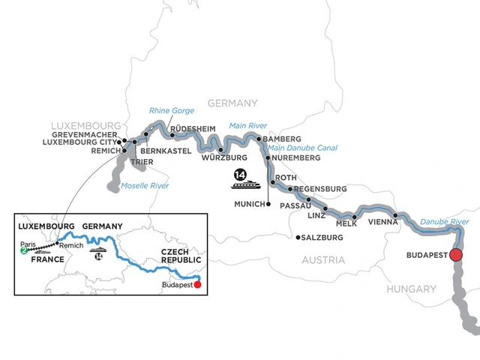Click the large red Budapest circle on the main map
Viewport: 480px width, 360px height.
(x=457, y=256)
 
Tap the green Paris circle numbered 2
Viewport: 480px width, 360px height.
(x=24, y=251)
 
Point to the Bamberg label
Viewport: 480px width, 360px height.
(x=283, y=139)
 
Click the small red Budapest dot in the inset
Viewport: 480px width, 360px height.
(x=198, y=284)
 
